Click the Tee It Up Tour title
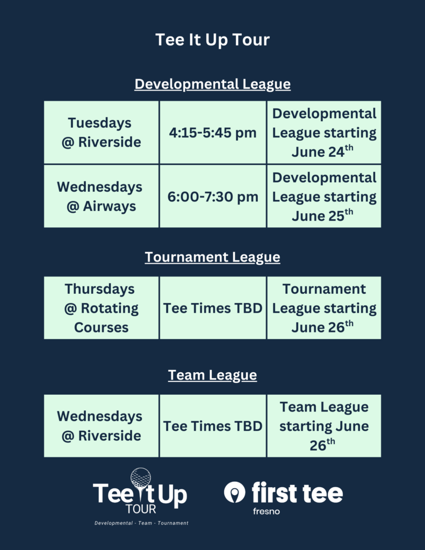pos(212,40)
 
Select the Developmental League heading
pos(212,84)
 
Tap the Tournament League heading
pos(212,257)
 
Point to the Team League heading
pos(212,375)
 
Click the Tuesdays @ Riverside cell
pos(101,132)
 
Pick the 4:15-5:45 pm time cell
pos(213,132)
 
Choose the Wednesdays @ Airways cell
pos(101,196)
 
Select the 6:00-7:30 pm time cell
pos(213,196)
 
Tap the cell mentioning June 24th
pos(324,132)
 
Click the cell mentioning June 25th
pos(324,196)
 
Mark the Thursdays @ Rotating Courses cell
pos(101,308)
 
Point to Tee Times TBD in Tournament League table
pos(213,308)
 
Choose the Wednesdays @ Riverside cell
pos(101,426)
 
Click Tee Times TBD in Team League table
pos(213,426)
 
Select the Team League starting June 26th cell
pos(324,426)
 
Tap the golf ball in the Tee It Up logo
pos(141,477)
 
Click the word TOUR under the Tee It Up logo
pos(141,509)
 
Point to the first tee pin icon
pos(234,492)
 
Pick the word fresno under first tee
pos(266,511)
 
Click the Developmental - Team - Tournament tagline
pos(141,523)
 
